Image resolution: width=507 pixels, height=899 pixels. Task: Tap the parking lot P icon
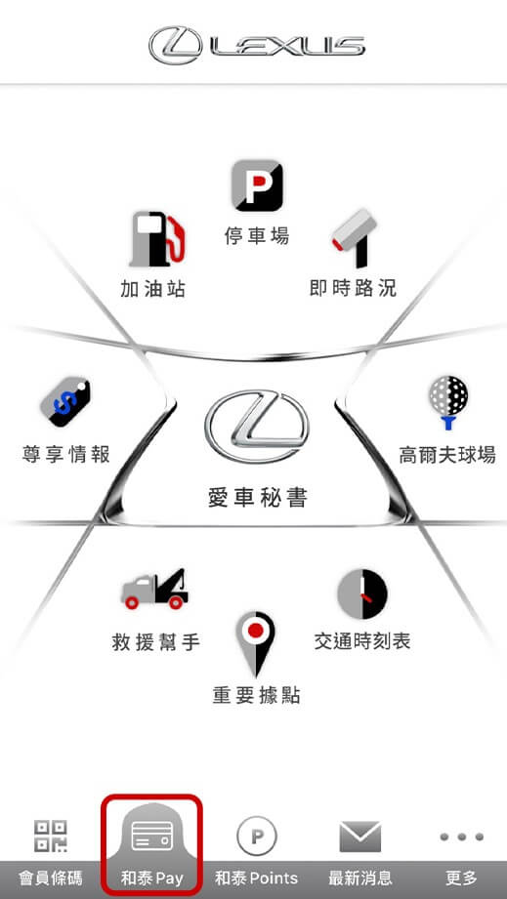[257, 185]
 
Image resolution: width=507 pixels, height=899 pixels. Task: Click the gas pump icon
[157, 239]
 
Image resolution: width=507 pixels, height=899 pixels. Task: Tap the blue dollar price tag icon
[65, 401]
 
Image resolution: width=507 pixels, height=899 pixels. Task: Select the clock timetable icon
[361, 594]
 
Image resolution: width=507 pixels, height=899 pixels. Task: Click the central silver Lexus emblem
[256, 427]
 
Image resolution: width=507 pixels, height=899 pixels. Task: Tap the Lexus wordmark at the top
[256, 45]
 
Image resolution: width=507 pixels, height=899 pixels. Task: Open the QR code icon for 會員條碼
[51, 836]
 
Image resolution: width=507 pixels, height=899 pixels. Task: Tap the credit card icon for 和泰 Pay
[152, 837]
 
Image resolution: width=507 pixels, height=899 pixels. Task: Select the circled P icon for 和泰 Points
[256, 837]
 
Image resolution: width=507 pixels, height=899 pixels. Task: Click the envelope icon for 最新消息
[360, 837]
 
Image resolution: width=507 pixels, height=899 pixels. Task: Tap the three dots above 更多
[462, 838]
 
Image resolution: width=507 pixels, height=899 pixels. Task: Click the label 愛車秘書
[257, 498]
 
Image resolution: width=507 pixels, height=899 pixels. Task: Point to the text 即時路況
[354, 288]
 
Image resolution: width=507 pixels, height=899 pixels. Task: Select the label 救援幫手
[156, 642]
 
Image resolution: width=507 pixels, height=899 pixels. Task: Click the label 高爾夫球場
[447, 455]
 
